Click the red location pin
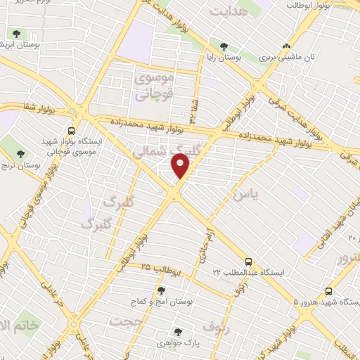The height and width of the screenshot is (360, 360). pos(181,165)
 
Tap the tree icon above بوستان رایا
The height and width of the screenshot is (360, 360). pos(224,46)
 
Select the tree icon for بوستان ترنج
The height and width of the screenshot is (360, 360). pos(20,153)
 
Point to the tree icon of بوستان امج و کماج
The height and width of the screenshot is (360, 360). pos(161,290)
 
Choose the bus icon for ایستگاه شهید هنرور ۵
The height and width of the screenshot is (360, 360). pos(328,291)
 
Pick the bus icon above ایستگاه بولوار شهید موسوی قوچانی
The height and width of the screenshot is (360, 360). pos(71,129)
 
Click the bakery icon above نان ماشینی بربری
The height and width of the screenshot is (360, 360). pos(285,46)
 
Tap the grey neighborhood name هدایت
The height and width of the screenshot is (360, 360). pos(229,12)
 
